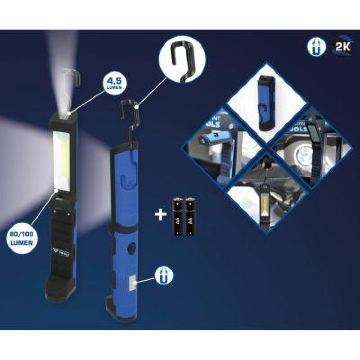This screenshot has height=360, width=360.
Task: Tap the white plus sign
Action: point(160,215)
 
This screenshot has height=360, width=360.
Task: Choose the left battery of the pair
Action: point(177,217)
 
